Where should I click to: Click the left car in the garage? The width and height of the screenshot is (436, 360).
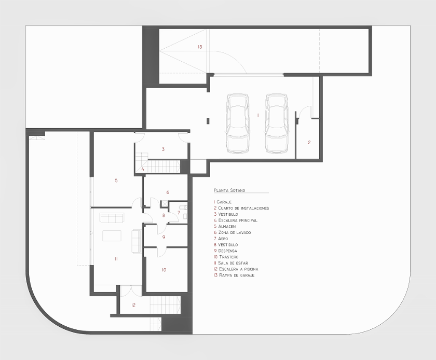[238, 123]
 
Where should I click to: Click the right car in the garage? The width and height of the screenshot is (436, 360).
[276, 123]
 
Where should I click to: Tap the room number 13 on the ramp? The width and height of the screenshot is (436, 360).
[199, 47]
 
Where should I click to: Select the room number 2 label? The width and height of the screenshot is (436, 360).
[309, 142]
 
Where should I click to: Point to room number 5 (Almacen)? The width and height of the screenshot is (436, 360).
[116, 181]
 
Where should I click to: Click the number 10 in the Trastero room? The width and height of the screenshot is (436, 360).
[163, 270]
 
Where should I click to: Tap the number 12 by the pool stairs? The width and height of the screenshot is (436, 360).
[133, 305]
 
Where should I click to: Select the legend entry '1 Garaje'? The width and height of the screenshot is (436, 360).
[223, 202]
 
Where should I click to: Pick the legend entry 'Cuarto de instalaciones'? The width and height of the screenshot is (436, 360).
[241, 208]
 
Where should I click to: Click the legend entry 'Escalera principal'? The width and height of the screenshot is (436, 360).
[236, 220]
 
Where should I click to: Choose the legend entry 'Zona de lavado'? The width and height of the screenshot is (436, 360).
[232, 232]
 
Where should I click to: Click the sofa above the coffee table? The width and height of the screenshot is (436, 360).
[112, 218]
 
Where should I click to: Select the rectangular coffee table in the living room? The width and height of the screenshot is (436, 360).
[112, 236]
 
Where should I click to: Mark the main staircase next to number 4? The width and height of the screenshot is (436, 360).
[163, 167]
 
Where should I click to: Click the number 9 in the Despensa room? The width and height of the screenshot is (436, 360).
[163, 237]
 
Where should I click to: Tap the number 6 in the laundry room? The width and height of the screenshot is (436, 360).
[168, 192]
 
